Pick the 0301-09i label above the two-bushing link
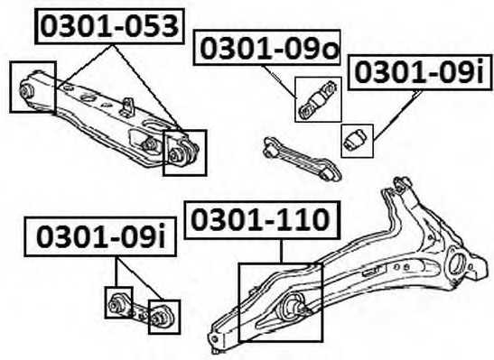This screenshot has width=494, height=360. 98,237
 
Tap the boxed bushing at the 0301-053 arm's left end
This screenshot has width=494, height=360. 32,88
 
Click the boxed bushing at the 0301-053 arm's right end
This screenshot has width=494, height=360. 184,152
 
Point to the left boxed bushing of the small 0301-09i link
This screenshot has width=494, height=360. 118,302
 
